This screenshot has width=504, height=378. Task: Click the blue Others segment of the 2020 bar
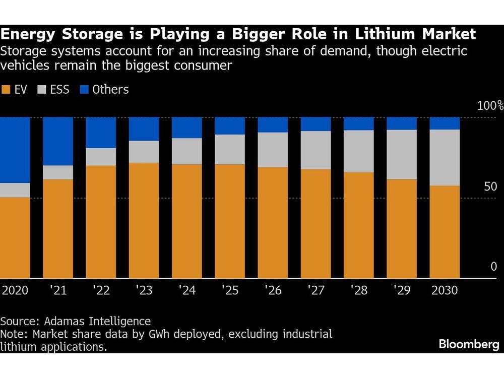coord(15,150)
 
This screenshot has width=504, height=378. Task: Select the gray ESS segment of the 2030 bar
coord(445,157)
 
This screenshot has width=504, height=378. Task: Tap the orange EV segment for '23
coord(144,220)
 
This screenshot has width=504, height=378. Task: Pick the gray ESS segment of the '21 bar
coord(58,172)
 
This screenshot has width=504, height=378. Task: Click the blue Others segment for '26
coord(273,124)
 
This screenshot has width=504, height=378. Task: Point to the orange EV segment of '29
coord(402,228)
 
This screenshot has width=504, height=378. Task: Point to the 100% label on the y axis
coord(490,106)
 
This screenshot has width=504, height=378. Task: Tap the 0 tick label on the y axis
coord(494,267)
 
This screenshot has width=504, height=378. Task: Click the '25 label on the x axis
coord(230,291)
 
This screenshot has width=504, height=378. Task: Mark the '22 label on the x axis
coord(101,291)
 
